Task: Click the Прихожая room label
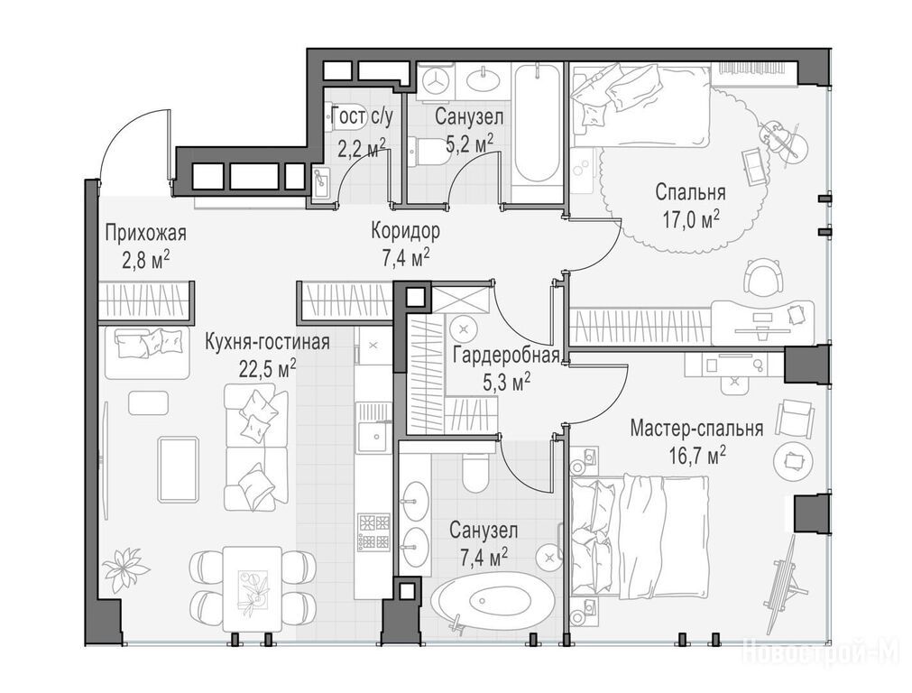(x=145, y=234)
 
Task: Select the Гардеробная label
(x=506, y=355)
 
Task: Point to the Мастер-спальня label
(x=696, y=429)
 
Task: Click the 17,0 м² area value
(x=691, y=218)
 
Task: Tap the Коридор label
(x=406, y=231)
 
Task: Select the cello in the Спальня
(x=781, y=138)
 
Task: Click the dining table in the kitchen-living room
(x=253, y=587)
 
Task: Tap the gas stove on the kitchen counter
(x=374, y=532)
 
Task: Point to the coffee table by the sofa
(x=179, y=469)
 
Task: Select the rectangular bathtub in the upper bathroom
(x=538, y=124)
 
